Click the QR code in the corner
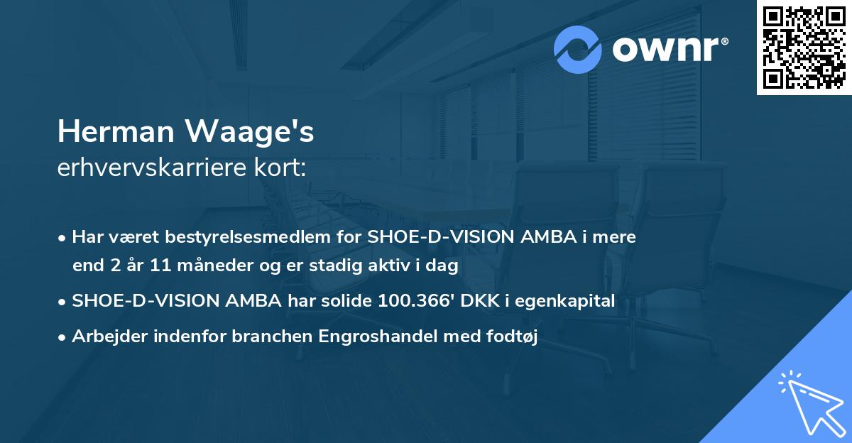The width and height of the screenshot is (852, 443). pyautogui.click(x=804, y=47)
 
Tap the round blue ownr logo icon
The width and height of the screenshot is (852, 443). pyautogui.click(x=579, y=50)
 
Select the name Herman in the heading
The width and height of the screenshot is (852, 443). pyautogui.click(x=116, y=133)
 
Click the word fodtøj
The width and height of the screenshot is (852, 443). pyautogui.click(x=513, y=337)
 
